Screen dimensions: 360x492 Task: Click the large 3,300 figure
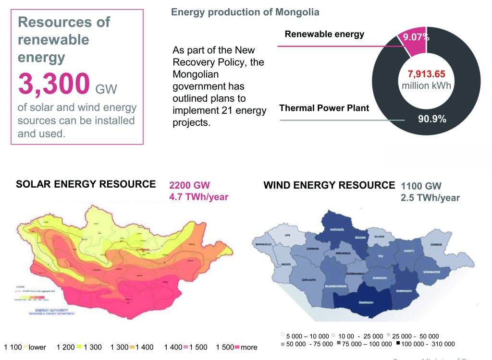54,84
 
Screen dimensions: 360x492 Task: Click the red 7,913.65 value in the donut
426,74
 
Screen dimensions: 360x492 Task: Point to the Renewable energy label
324,34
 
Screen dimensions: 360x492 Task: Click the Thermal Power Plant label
324,108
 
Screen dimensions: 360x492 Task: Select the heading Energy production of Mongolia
245,12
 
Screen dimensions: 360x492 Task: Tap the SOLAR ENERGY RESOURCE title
86,184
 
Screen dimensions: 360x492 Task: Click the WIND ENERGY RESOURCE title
329,185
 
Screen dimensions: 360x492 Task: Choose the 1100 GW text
421,186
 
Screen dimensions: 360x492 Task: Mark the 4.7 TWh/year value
198,197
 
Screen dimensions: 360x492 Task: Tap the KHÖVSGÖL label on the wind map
339,229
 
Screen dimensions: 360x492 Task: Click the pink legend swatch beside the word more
237,347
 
